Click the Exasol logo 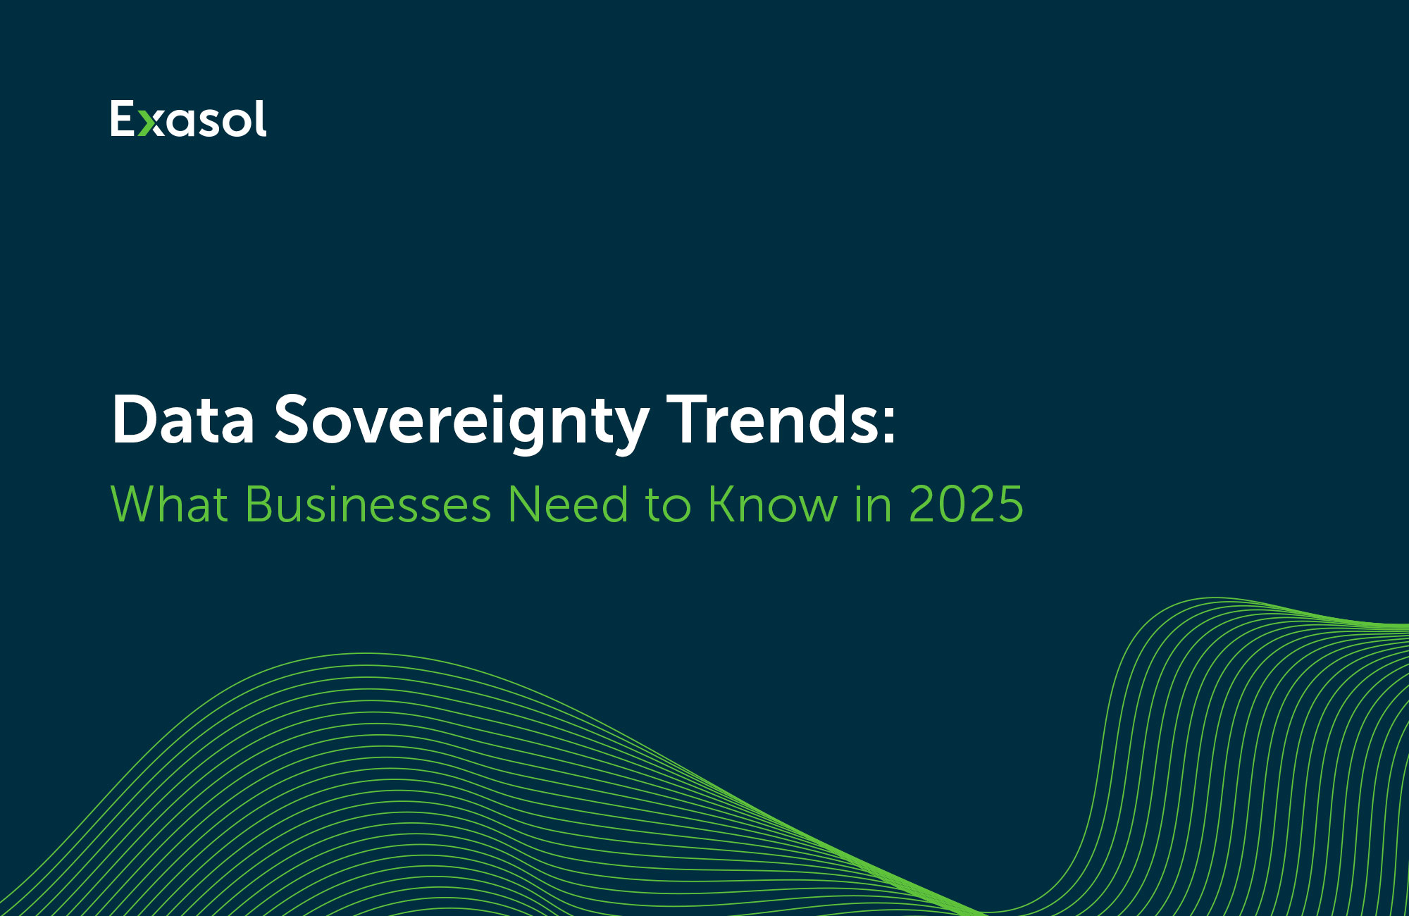click(x=189, y=118)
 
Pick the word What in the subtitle click(x=170, y=505)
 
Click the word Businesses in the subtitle click(x=368, y=505)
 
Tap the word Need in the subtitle click(x=568, y=505)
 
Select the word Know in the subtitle click(x=773, y=505)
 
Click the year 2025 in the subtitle click(x=965, y=505)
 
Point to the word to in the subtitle click(x=668, y=506)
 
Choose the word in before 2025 click(x=872, y=505)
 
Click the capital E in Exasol click(x=122, y=118)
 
